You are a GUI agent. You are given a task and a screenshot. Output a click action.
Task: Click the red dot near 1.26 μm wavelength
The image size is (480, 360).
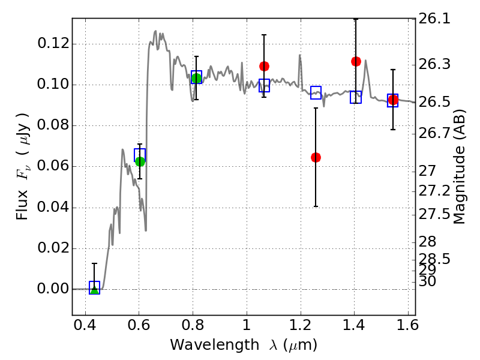pos(316,158)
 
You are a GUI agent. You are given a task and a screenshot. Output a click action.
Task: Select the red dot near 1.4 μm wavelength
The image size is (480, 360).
pos(356,62)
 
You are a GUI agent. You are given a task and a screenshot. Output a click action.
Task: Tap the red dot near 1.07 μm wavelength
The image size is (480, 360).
pos(264,66)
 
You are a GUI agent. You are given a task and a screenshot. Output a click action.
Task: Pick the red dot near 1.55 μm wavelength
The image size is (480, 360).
pos(393,100)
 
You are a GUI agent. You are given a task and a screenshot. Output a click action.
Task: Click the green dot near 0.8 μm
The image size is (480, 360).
pos(197,79)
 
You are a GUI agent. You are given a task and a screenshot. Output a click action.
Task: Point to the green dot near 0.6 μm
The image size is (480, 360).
pos(140,161)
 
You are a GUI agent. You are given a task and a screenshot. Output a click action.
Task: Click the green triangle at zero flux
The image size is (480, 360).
pos(94,289)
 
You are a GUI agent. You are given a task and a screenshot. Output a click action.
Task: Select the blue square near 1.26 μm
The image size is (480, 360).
pos(316,92)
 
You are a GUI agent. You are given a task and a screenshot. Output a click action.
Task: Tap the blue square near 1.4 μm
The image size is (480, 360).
pos(356,97)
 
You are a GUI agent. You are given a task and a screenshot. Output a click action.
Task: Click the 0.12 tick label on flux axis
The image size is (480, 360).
pos(53,43)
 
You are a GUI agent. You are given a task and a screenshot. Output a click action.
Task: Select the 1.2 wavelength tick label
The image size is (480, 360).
pos(301,325)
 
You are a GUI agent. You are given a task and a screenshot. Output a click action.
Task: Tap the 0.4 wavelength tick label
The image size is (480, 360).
pos(85,325)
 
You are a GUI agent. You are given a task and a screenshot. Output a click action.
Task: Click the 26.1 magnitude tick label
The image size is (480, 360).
pos(434,19)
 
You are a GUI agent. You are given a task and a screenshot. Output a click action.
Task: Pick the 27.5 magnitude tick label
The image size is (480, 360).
pos(434,214)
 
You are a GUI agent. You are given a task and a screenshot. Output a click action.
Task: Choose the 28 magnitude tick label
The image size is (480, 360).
pos(427,242)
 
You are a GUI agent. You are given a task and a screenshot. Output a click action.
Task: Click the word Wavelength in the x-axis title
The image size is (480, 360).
pos(215,345)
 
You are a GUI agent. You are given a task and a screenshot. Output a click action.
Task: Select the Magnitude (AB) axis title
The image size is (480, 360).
pos(459,167)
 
